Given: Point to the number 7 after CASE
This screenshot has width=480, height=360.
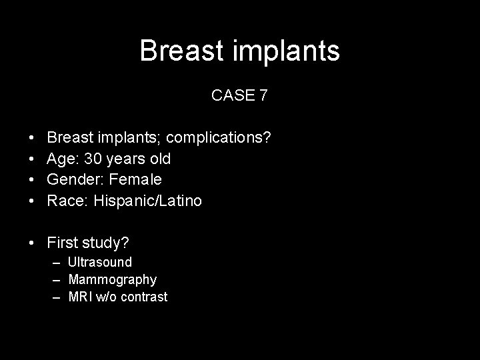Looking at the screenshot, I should click(263, 95).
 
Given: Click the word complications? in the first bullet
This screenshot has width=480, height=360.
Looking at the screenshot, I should click(219, 138).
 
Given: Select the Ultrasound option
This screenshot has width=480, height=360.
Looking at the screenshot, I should click(100, 262).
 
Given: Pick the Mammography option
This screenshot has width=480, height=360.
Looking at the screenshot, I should click(113, 279).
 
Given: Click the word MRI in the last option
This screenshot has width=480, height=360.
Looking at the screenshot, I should click(81, 297).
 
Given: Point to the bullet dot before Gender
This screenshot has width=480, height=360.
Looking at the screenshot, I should click(33, 180).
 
